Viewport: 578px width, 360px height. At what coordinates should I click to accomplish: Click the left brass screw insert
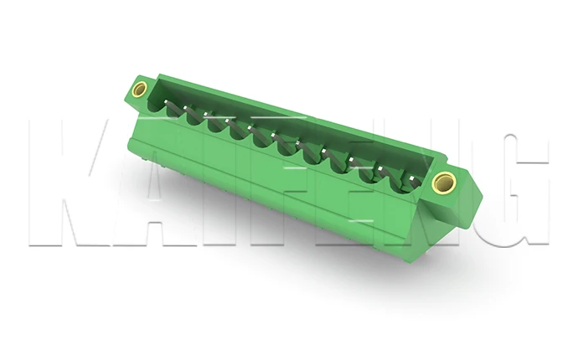click(139, 89)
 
